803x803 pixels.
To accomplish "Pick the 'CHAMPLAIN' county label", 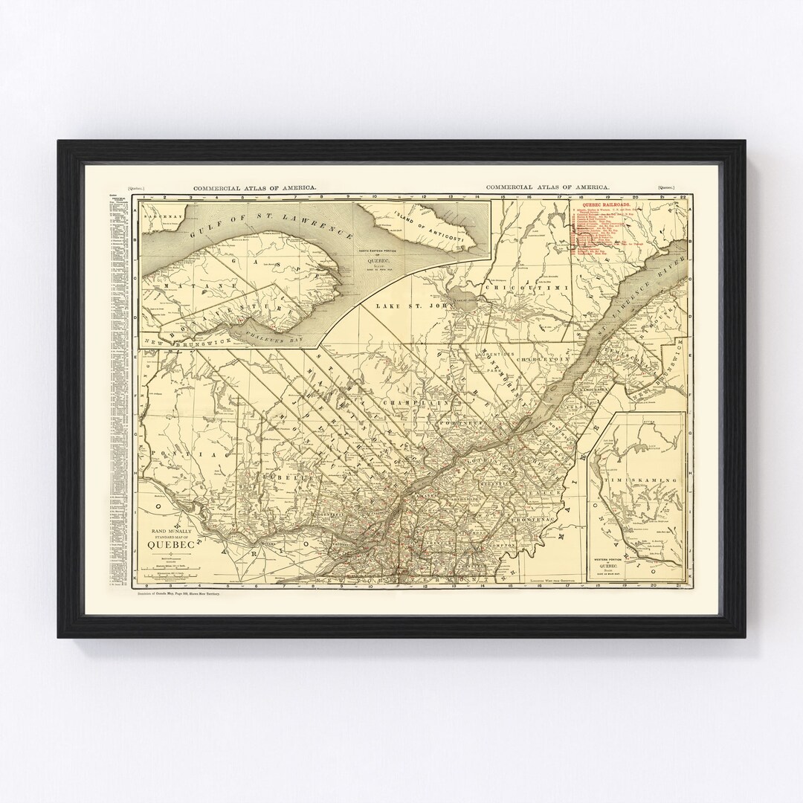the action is click(407, 401).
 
